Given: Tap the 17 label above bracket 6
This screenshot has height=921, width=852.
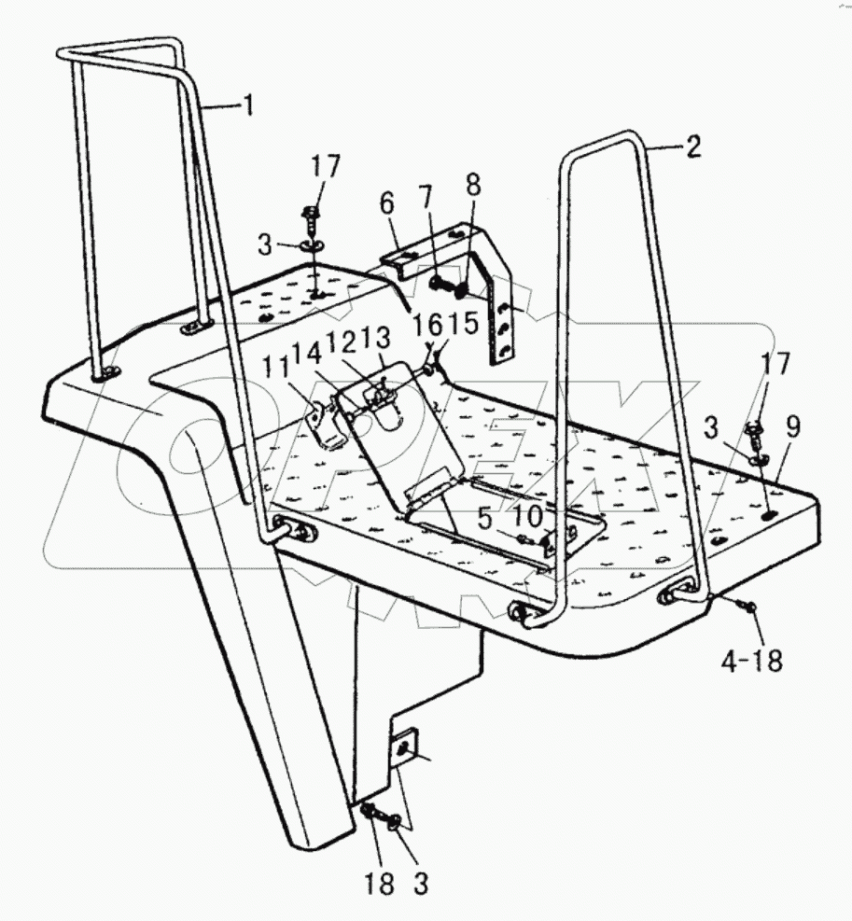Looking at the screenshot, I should pyautogui.click(x=328, y=168).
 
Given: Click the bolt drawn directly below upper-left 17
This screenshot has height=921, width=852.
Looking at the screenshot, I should pyautogui.click(x=313, y=221).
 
